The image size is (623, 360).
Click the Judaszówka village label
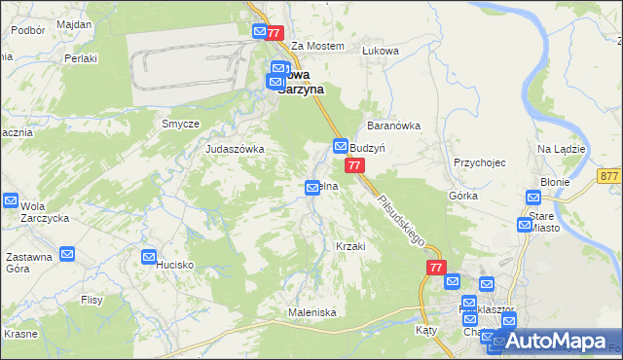pos(235,149)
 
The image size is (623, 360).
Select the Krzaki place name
pos(350,246)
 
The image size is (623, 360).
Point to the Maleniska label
pos(311,312)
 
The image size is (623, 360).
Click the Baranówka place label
pos(392,126)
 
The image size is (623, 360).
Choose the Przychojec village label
pos(480,162)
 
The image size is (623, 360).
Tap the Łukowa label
pos(408,47)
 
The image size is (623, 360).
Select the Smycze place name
pos(180,124)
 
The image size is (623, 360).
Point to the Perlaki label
pos(74,58)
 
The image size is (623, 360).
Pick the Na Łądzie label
pos(561,149)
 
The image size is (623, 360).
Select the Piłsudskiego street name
pos(400,219)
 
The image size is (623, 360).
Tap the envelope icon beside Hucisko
pos(149,257)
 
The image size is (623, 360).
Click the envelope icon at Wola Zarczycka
pos(11,201)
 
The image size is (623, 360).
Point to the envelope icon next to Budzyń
pos(342,146)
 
